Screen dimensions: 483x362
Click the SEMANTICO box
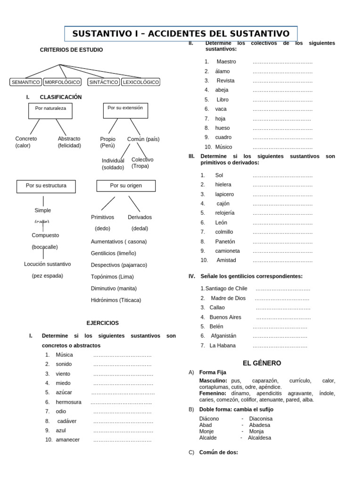[25, 82]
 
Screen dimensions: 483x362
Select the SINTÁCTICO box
[103, 82]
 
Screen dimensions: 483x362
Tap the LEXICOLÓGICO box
[140, 82]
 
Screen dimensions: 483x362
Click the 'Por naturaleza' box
[50, 111]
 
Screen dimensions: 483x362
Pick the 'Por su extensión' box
[125, 110]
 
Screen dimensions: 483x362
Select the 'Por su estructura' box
[46, 186]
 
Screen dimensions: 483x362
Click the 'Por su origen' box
[126, 186]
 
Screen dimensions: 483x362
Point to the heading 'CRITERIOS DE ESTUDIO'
[71, 50]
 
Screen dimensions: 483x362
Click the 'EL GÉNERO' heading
[262, 363]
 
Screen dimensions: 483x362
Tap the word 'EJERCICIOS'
[103, 323]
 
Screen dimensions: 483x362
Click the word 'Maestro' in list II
[226, 62]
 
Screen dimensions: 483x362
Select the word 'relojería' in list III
[225, 213]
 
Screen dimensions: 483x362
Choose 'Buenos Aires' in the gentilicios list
[225, 317]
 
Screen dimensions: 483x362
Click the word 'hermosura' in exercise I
[68, 402]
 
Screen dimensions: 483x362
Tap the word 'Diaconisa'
[261, 418]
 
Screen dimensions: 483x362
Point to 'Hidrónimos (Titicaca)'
[116, 300]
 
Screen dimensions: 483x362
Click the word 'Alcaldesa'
[259, 438]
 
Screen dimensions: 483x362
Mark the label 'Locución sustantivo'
[47, 264]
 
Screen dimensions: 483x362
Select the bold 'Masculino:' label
[213, 381]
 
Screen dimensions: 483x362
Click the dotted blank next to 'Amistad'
[282, 260]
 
